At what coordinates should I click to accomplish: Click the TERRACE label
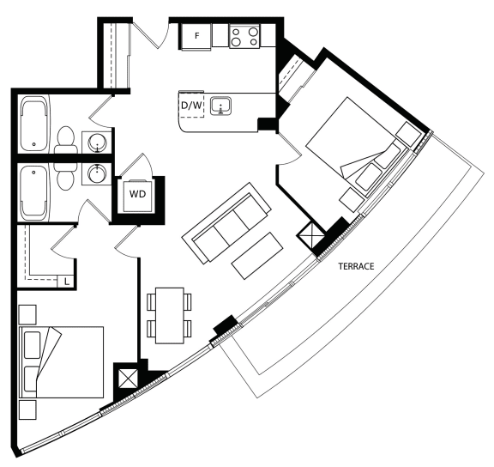point(356,266)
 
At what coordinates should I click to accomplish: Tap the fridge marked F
point(196,36)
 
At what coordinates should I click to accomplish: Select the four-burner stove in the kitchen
point(244,36)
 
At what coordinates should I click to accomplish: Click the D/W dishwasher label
point(191,106)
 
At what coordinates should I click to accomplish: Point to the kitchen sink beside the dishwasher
point(221,106)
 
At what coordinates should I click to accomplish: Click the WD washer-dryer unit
point(138,196)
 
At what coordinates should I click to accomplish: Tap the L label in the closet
point(67,282)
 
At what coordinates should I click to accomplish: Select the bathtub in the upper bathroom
point(35,125)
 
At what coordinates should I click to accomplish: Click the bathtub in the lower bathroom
point(33,192)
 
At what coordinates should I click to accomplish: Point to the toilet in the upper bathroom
point(66,141)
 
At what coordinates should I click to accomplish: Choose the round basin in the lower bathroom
point(97,173)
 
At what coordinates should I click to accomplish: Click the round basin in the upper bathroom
point(97,143)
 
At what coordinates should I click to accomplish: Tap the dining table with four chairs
point(170,315)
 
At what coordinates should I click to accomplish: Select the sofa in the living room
point(226,223)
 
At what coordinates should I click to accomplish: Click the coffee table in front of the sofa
point(257,256)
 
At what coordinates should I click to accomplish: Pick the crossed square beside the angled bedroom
point(310,235)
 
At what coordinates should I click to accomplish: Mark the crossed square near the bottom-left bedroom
point(129,379)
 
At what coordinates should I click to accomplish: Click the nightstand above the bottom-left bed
point(27,314)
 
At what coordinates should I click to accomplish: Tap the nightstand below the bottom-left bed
point(27,409)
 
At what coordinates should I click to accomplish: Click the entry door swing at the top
point(151,35)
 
